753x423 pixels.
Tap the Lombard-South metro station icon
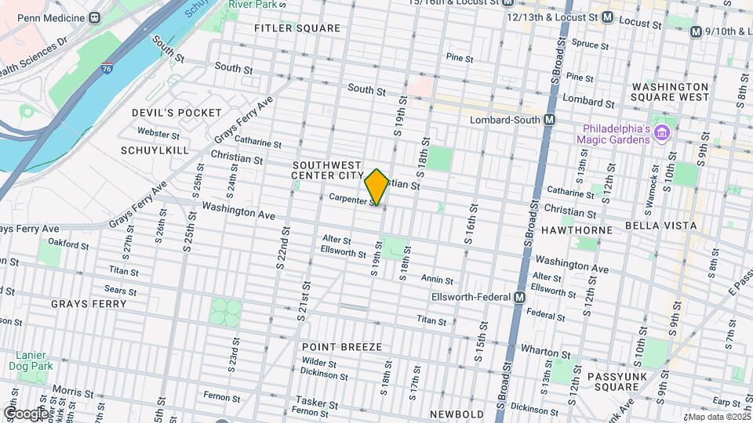[x=549, y=120]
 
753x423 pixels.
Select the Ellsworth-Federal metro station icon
[x=519, y=298]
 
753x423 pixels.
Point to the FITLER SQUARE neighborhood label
[x=297, y=28]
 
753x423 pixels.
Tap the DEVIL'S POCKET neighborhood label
[x=176, y=113]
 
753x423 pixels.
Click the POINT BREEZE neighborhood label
[x=342, y=346]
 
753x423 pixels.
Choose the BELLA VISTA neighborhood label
[x=660, y=226]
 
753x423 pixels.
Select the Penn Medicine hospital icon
[x=96, y=16]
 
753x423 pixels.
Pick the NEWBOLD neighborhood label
[x=458, y=414]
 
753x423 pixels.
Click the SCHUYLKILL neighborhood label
[x=155, y=150]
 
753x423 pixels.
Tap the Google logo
[x=25, y=413]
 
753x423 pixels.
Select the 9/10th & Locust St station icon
[x=695, y=31]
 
